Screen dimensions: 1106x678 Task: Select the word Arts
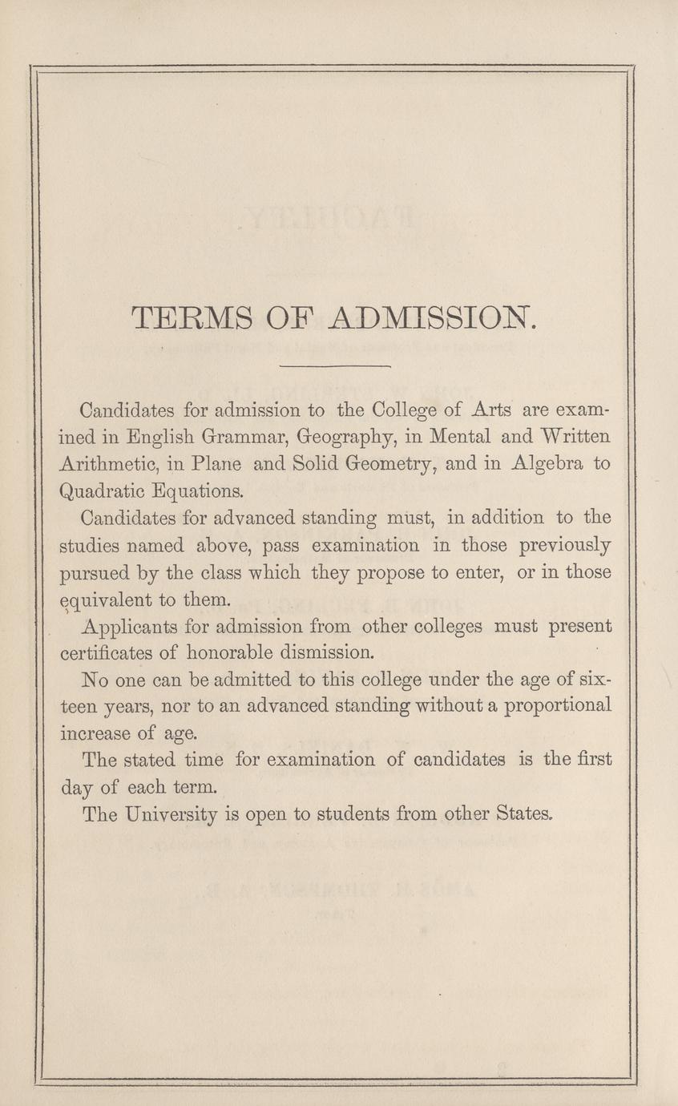(x=491, y=410)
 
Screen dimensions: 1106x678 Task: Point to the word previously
(x=565, y=546)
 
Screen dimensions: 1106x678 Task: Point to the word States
(x=525, y=813)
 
